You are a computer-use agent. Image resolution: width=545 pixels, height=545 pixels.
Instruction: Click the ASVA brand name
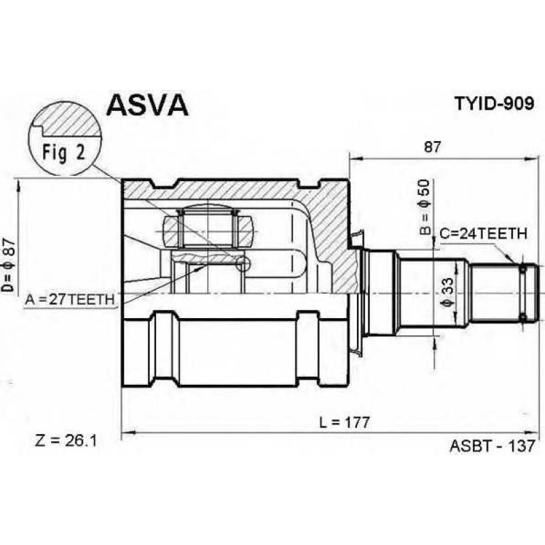tap(147, 105)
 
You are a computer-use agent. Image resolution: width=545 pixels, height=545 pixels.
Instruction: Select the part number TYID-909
tap(495, 103)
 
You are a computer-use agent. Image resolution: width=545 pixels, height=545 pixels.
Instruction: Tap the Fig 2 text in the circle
tap(63, 152)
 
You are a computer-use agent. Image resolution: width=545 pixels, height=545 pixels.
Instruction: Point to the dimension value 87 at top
tap(432, 147)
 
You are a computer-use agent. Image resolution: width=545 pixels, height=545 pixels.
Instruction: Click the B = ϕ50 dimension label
tap(424, 208)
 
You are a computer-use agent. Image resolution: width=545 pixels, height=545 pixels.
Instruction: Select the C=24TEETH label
tap(484, 234)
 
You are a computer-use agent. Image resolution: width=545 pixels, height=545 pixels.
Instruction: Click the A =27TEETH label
tap(69, 299)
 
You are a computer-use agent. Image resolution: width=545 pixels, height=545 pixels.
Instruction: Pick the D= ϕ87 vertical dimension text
tap(9, 266)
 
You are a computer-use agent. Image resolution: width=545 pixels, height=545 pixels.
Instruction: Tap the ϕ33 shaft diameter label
tap(448, 293)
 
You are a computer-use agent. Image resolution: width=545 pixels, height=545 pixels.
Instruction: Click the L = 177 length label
tap(344, 422)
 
